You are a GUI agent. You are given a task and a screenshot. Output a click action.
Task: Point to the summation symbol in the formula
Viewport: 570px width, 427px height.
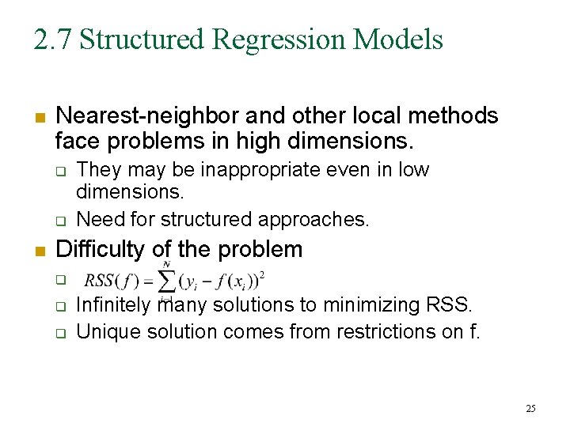(x=167, y=281)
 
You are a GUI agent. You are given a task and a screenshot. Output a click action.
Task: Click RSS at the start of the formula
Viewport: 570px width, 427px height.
(x=101, y=281)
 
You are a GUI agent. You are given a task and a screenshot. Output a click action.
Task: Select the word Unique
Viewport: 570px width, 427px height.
(x=104, y=332)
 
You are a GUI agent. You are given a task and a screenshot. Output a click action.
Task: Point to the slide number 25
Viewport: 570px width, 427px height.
(x=530, y=408)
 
